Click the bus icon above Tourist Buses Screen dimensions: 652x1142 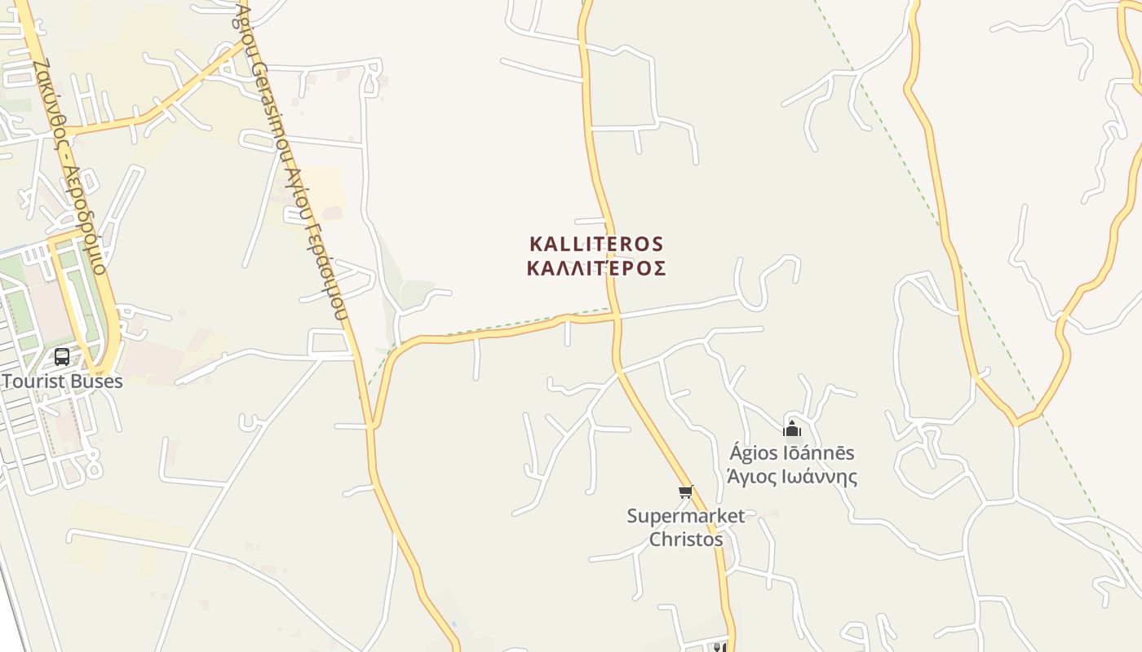coord(62,356)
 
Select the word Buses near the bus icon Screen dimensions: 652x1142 coord(97,381)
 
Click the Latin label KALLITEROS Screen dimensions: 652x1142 coord(596,244)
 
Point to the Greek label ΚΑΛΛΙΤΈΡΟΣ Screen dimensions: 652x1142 coord(596,268)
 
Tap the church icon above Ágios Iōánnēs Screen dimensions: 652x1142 coord(791,429)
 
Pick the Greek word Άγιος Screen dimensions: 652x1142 coord(751,477)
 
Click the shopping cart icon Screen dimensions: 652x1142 coord(686,491)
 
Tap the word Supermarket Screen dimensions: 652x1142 coord(685,516)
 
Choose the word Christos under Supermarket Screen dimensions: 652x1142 coord(685,540)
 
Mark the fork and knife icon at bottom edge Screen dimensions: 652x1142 coord(719,647)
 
